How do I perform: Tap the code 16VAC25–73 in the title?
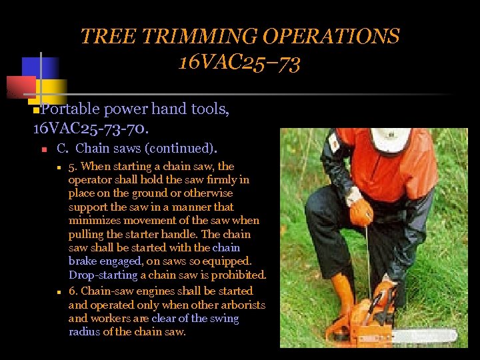pyautogui.click(x=239, y=63)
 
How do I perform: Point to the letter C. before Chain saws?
pyautogui.click(x=63, y=147)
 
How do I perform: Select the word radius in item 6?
pyautogui.click(x=85, y=332)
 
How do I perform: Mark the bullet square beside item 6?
pyautogui.click(x=59, y=292)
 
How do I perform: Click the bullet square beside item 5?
pyautogui.click(x=59, y=167)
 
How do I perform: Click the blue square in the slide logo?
pyautogui.click(x=39, y=68)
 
